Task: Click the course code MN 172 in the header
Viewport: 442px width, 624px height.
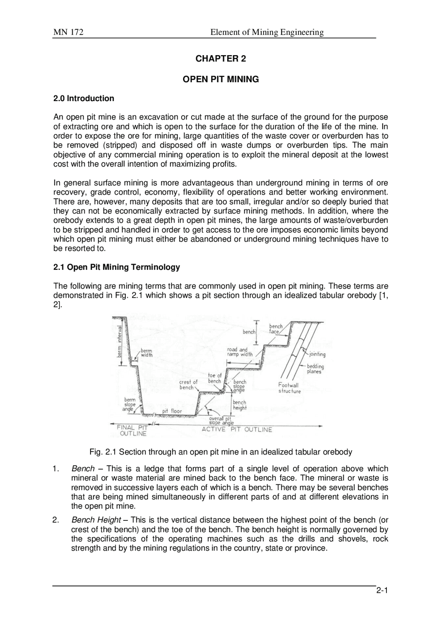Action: tap(68, 32)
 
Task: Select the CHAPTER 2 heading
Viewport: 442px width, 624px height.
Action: tap(221, 59)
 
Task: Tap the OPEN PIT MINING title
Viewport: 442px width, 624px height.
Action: tap(221, 79)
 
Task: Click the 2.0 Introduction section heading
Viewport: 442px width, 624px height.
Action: tap(84, 98)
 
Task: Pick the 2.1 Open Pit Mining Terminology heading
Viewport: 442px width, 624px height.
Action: tap(117, 267)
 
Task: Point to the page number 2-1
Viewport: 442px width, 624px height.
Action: tap(382, 601)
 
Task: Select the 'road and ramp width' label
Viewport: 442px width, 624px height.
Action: tap(239, 352)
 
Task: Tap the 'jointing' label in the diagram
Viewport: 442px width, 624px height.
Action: tap(317, 354)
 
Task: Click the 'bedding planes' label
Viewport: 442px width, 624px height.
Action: tap(315, 369)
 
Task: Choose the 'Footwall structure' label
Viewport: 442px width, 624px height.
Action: tap(289, 388)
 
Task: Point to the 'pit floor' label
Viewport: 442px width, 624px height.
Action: tap(172, 411)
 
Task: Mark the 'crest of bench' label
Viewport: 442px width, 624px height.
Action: tap(188, 384)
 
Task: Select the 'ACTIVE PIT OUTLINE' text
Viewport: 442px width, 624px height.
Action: tap(237, 429)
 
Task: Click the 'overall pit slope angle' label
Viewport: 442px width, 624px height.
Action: tap(221, 421)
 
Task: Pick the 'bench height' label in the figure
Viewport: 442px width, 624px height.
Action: tap(239, 405)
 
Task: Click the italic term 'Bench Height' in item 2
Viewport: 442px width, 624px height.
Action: tap(96, 520)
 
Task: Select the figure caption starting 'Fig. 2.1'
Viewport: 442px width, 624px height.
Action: tap(221, 452)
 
